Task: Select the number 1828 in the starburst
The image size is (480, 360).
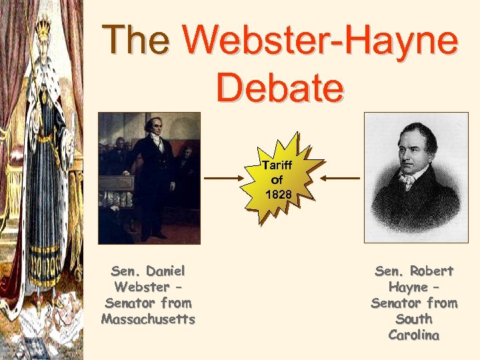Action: (x=277, y=195)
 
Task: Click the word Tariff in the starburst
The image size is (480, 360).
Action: (x=277, y=165)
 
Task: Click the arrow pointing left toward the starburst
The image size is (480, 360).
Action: (x=339, y=179)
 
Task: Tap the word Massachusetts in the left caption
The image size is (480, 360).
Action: (x=148, y=319)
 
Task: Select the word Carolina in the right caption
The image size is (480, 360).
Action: (x=414, y=335)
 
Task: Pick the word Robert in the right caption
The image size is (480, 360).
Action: (x=433, y=271)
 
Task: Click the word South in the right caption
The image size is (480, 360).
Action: (x=414, y=319)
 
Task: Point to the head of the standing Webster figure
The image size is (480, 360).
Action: (x=153, y=127)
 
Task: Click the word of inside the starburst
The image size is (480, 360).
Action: (x=277, y=179)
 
